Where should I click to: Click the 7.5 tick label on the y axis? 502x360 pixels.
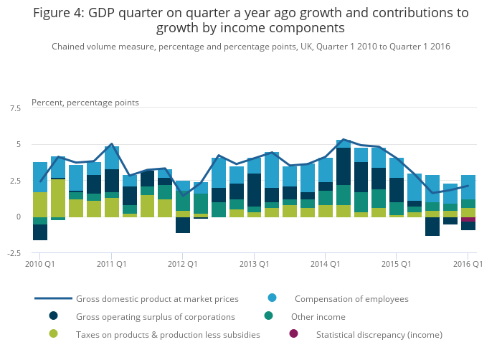pyautogui.click(x=15, y=108)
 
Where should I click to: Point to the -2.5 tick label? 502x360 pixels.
pyautogui.click(x=14, y=252)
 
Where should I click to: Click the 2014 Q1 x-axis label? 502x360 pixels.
pyautogui.click(x=326, y=265)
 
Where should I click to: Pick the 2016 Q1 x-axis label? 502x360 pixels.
pyautogui.click(x=468, y=265)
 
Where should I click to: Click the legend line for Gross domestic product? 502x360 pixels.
pyautogui.click(x=54, y=298)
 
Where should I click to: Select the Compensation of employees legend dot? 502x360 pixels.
pyautogui.click(x=273, y=298)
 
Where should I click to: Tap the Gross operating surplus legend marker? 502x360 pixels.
pyautogui.click(x=54, y=316)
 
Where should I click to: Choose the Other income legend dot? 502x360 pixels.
pyautogui.click(x=268, y=316)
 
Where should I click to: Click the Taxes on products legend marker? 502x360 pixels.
pyautogui.click(x=54, y=333)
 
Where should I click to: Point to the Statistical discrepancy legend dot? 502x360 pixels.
pyautogui.click(x=293, y=333)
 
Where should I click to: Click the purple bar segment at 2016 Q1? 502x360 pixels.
pyautogui.click(x=468, y=219)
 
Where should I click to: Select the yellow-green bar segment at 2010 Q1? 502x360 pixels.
pyautogui.click(x=40, y=204)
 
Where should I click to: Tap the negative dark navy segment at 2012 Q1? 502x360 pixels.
pyautogui.click(x=183, y=224)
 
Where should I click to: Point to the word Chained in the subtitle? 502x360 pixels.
pyautogui.click(x=70, y=46)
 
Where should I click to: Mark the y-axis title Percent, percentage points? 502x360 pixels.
pyautogui.click(x=85, y=103)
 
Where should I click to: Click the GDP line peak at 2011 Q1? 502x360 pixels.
pyautogui.click(x=112, y=144)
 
